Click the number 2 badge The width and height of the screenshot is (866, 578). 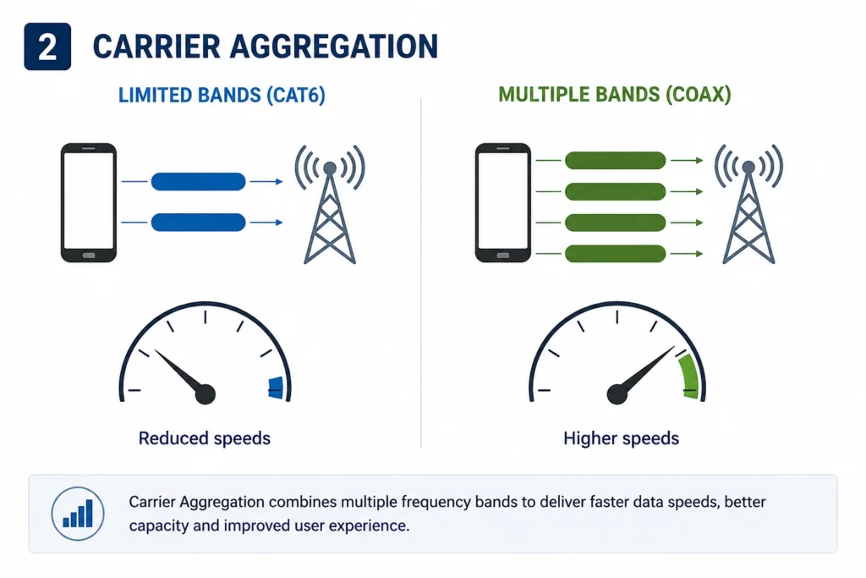click(47, 47)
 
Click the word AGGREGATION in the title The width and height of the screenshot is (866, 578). click(333, 47)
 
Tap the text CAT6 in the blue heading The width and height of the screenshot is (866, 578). click(296, 95)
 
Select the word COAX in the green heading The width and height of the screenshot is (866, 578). click(698, 95)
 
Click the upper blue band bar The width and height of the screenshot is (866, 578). click(198, 181)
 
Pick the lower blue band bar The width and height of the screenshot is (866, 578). click(198, 222)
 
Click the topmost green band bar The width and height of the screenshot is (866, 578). click(616, 160)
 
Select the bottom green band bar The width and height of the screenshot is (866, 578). click(616, 254)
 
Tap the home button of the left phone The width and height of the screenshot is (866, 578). click(88, 256)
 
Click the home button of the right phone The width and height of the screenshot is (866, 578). click(502, 256)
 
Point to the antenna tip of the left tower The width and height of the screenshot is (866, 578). click(330, 168)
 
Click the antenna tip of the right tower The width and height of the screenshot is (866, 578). click(748, 167)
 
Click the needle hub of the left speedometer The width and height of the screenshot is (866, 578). click(205, 394)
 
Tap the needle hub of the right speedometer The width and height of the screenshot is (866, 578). click(617, 394)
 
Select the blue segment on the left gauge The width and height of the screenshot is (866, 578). click(277, 388)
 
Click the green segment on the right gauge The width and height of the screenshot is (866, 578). click(690, 377)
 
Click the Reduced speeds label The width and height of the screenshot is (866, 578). click(205, 438)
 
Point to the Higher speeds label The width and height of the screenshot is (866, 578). click(622, 438)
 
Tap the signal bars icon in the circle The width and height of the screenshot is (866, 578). click(78, 514)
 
